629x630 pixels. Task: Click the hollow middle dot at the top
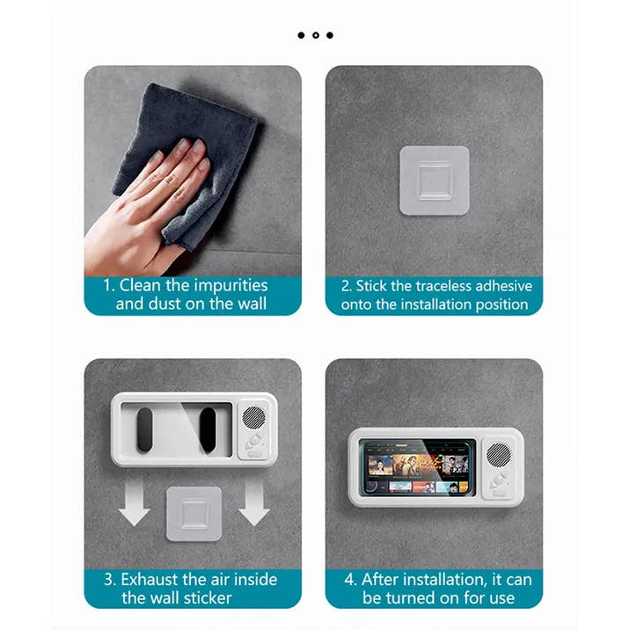click(315, 35)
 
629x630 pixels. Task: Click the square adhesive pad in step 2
click(434, 180)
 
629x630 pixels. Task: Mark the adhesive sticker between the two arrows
click(194, 513)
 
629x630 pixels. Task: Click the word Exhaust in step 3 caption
click(149, 579)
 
